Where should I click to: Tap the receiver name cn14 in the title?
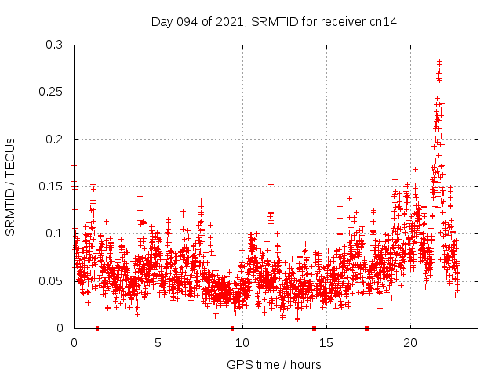[x=384, y=22]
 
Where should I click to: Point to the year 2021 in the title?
[x=228, y=22]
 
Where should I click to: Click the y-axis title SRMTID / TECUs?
[x=10, y=186]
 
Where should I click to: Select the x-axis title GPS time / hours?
[x=274, y=364]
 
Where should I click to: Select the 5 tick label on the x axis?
[x=158, y=342]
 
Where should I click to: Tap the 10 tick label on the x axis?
[x=242, y=342]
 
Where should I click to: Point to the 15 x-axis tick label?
[x=326, y=342]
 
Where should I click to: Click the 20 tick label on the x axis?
[x=410, y=342]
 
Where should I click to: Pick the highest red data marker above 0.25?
[x=439, y=61]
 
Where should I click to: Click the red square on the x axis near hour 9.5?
[x=232, y=328]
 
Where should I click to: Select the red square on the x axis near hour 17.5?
[x=366, y=328]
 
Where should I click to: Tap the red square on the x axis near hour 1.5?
[x=97, y=328]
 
